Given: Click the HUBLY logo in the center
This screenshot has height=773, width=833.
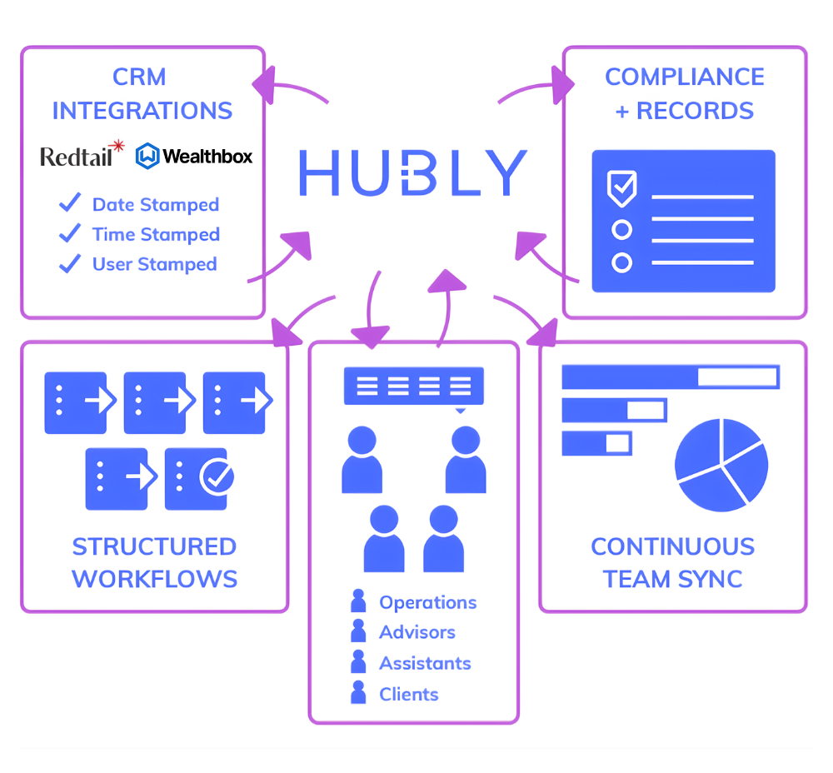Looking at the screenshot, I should pyautogui.click(x=413, y=172).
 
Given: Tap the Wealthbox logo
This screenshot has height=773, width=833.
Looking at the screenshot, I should pyautogui.click(x=194, y=156).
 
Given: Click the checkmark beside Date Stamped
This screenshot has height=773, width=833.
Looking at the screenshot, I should pyautogui.click(x=70, y=203).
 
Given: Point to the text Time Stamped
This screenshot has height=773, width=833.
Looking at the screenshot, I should pyautogui.click(x=156, y=235).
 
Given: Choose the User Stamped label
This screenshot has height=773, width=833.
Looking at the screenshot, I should pyautogui.click(x=154, y=265).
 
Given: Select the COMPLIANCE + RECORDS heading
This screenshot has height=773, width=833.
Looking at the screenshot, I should pyautogui.click(x=684, y=93).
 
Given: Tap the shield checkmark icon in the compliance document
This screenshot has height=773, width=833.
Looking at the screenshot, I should pyautogui.click(x=622, y=188).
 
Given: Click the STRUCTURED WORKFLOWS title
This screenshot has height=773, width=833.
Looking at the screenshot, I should pyautogui.click(x=154, y=562).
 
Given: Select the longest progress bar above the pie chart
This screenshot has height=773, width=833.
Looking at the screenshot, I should pyautogui.click(x=671, y=377).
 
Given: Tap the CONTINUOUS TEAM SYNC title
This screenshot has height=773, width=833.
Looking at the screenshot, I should pyautogui.click(x=672, y=562).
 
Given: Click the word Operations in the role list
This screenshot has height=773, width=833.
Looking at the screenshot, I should pyautogui.click(x=427, y=602).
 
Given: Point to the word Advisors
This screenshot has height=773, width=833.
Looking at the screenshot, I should pyautogui.click(x=417, y=632).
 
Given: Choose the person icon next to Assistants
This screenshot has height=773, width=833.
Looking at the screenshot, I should pyautogui.click(x=359, y=663).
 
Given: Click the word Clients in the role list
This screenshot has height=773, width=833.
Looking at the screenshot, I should pyautogui.click(x=408, y=694).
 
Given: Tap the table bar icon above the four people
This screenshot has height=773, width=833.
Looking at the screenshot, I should pyautogui.click(x=414, y=386).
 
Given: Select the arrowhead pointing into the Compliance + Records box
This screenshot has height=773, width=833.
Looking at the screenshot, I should pyautogui.click(x=564, y=82).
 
